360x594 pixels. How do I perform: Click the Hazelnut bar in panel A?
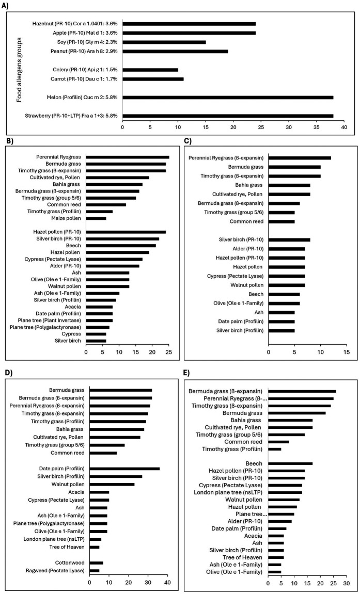point(189,23)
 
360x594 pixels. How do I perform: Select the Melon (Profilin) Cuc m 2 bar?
point(227,97)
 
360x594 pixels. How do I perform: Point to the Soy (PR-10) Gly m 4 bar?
point(164,42)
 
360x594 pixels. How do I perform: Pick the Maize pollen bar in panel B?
point(96,218)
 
